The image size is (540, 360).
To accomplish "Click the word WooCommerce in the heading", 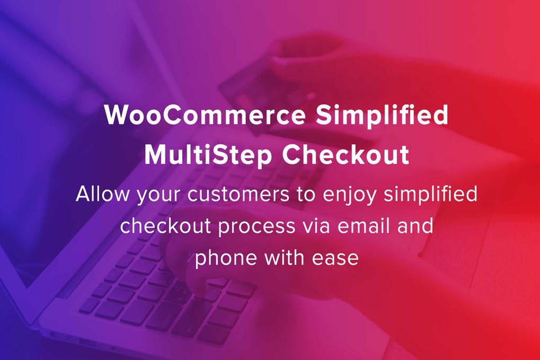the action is pyautogui.click(x=205, y=115).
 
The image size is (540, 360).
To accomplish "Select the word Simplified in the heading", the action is pyautogui.click(x=382, y=116).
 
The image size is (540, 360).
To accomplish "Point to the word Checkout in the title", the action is pyautogui.click(x=346, y=154).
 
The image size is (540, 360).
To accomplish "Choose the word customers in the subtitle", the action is pyautogui.click(x=238, y=195).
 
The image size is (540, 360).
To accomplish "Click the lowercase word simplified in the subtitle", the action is pyautogui.click(x=430, y=195).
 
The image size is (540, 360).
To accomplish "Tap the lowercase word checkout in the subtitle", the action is pyautogui.click(x=165, y=226).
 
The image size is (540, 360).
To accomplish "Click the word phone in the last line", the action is pyautogui.click(x=226, y=258).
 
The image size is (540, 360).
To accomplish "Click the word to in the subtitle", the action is pyautogui.click(x=306, y=195).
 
